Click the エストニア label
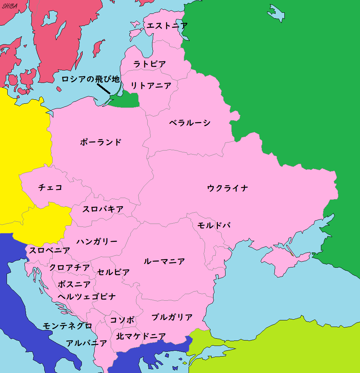coord(167,26)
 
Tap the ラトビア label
coord(149,64)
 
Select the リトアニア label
coord(151,86)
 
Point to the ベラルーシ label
coord(190,123)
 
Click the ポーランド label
coord(101,142)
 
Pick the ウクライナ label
coord(228,188)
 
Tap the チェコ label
coord(50,187)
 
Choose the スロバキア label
coord(103,209)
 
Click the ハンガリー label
coord(97,241)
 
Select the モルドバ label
coord(214,225)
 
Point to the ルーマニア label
coord(164,261)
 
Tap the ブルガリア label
coord(172,317)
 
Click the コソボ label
coord(122,320)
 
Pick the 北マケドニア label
coord(141,336)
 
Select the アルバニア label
coord(86,343)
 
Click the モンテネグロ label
coord(67,326)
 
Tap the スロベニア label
coord(49,251)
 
